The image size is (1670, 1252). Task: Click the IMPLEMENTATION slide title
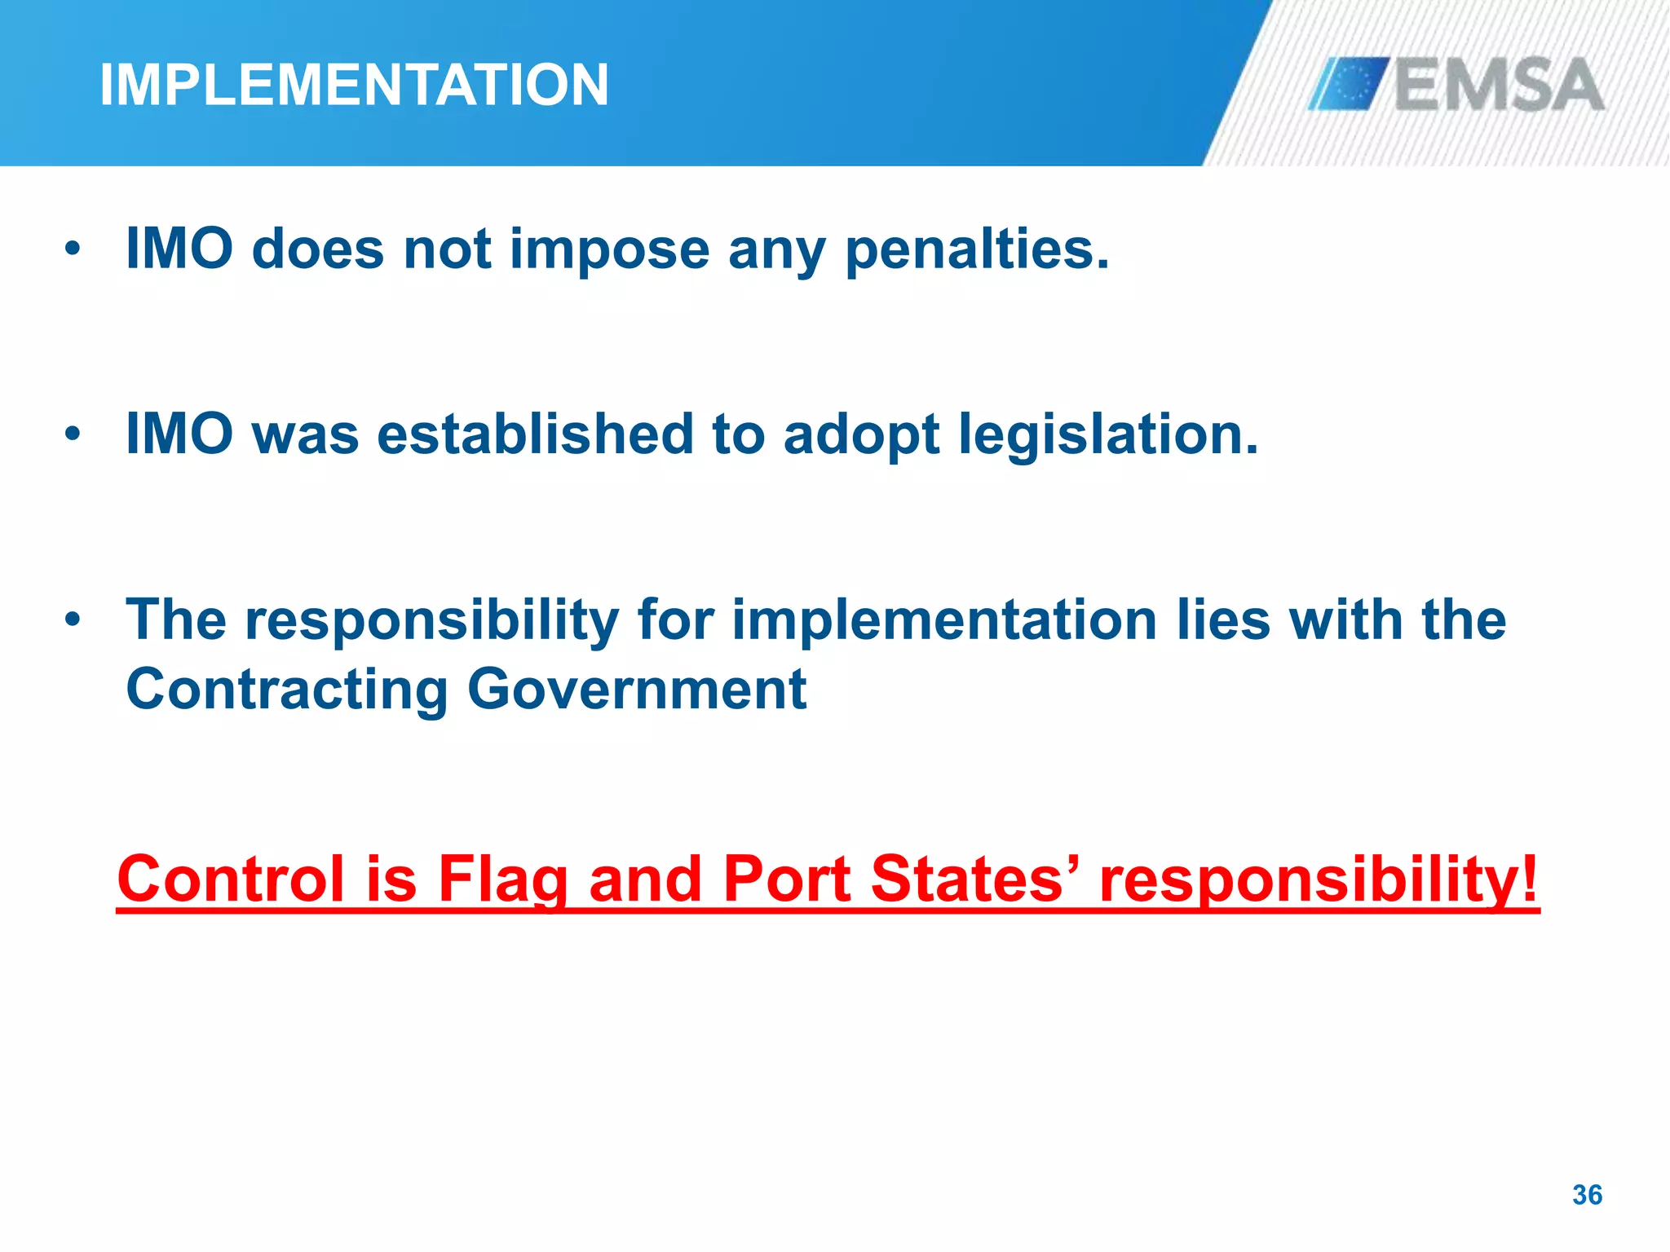click(x=354, y=85)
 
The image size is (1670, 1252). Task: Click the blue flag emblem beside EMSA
click(x=1349, y=83)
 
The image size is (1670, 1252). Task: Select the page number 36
click(x=1587, y=1195)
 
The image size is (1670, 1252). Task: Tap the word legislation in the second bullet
click(x=1108, y=434)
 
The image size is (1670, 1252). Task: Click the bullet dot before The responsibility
click(x=73, y=619)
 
